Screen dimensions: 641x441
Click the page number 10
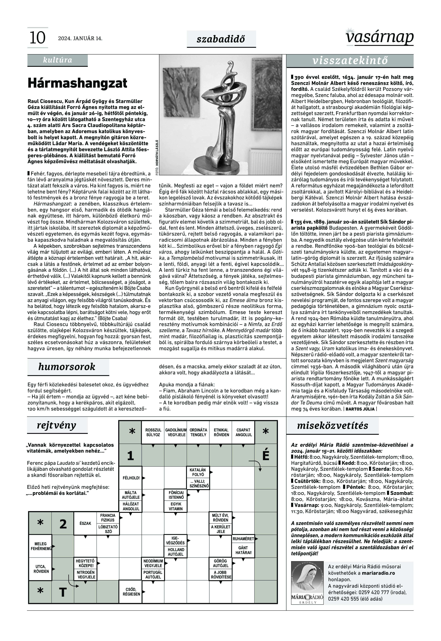37,38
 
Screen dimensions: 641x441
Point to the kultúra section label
57,60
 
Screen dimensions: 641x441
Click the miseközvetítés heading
332,425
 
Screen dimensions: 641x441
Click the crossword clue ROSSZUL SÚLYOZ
153,432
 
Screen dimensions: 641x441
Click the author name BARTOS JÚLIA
360,409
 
